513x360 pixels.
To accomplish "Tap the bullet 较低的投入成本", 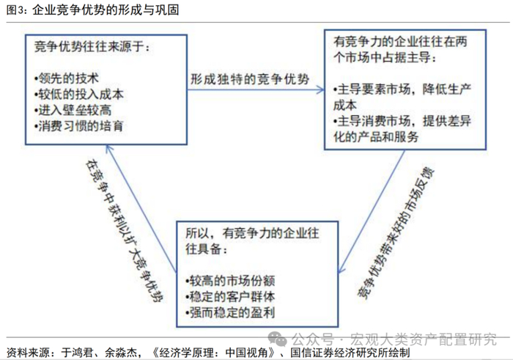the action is coord(75,93).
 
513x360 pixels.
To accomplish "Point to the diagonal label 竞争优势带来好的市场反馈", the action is coord(399,233).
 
